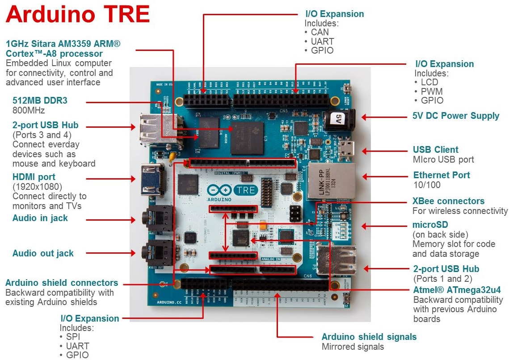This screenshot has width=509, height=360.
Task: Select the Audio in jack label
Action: point(40,218)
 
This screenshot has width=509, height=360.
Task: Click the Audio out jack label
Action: point(43,253)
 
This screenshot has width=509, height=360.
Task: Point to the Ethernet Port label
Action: point(442,175)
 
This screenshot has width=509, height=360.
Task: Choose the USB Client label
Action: point(436,150)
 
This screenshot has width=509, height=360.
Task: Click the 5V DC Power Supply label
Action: point(456,116)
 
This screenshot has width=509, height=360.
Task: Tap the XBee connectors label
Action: point(448,201)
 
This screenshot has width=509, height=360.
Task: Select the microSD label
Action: point(430,224)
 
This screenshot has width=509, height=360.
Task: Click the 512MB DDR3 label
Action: point(40,100)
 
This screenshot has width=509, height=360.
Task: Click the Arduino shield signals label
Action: point(369,337)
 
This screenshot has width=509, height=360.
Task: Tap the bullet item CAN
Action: point(320,32)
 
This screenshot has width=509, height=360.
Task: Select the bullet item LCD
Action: point(429,82)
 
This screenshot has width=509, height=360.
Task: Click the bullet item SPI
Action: point(73,337)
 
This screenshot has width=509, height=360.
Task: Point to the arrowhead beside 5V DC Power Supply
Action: point(364,117)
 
